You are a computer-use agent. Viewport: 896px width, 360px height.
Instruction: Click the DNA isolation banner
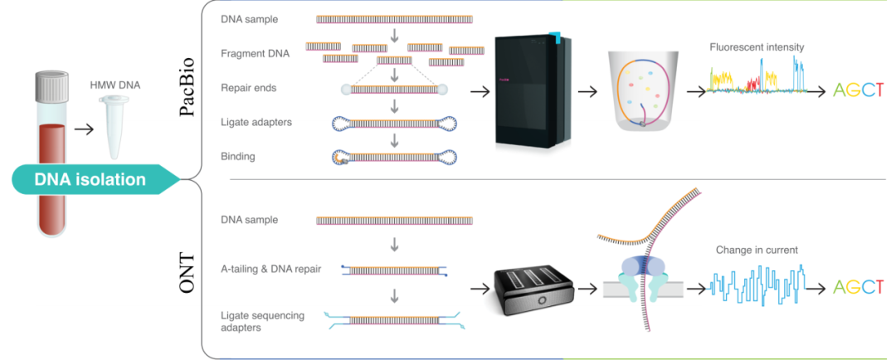(90, 179)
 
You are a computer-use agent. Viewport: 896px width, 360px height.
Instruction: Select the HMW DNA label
(114, 85)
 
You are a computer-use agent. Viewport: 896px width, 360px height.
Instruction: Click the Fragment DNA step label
(255, 54)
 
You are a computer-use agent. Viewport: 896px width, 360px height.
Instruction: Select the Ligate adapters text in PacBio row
(256, 122)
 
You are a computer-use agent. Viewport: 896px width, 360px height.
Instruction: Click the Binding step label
(238, 156)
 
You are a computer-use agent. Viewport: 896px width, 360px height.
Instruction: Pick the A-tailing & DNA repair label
(270, 268)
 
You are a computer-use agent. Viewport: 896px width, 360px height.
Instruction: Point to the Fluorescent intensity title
(756, 47)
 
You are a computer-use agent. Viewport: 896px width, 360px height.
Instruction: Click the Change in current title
(756, 249)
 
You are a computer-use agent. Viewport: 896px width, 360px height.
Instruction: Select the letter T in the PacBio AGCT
(877, 90)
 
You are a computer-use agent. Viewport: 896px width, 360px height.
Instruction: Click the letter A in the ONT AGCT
(840, 287)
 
